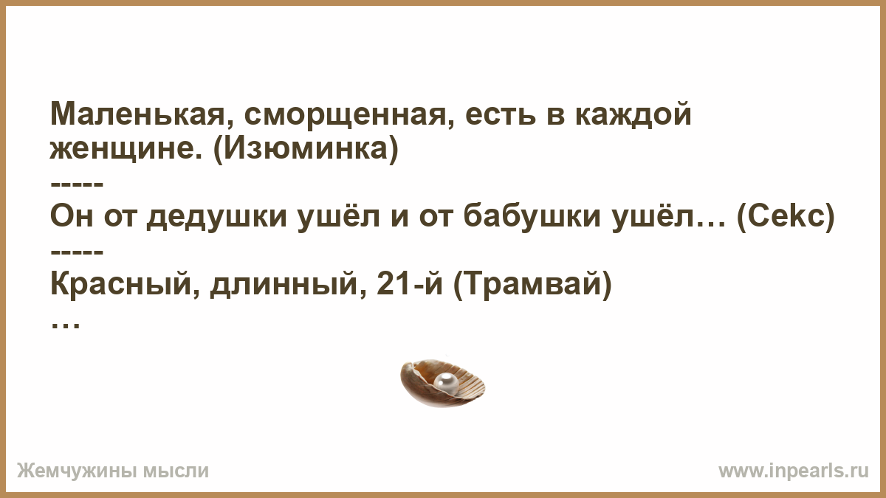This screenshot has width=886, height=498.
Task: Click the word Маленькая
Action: coord(137,114)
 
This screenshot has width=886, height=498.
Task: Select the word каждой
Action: coord(633,114)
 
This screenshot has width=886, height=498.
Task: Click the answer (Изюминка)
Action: coord(306,148)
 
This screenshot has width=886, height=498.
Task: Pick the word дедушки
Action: coord(216,217)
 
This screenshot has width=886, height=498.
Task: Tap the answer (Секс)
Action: coord(786,216)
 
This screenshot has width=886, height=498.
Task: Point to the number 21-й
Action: coord(409,283)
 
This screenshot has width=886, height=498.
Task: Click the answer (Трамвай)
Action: coord(532,285)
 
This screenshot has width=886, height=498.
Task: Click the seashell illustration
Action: coord(442,383)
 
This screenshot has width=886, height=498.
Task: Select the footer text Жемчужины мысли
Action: coord(113,471)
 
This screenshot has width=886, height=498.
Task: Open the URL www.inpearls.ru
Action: coord(794,471)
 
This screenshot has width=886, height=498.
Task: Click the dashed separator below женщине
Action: coord(77,184)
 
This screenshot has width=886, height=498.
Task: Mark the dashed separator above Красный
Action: coord(77,252)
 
